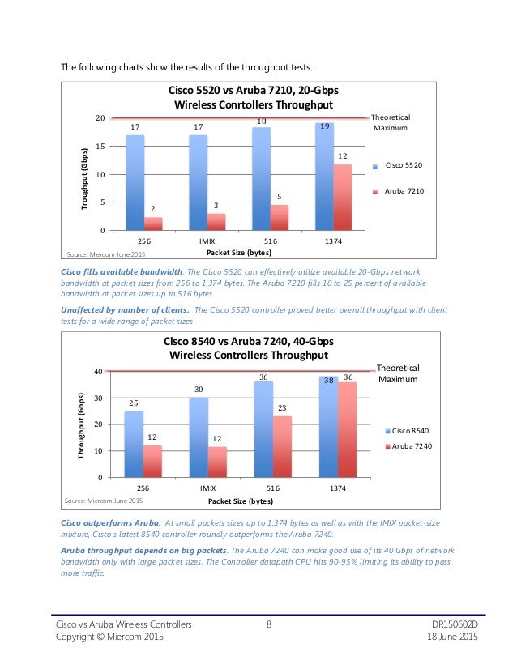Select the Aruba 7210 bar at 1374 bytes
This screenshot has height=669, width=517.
point(342,198)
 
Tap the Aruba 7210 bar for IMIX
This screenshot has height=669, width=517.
point(216,222)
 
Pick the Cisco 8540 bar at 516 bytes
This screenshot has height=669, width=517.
point(263,429)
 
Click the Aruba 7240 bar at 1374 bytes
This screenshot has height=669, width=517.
point(346,430)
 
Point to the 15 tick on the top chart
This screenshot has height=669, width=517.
point(100,147)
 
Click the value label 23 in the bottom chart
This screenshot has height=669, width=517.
point(282,409)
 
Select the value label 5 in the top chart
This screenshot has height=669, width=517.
point(279,197)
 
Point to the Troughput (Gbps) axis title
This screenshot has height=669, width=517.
point(83,179)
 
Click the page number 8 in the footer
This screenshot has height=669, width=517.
point(268,624)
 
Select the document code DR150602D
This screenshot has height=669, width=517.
point(452,624)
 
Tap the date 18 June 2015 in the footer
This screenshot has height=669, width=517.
point(453,637)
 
